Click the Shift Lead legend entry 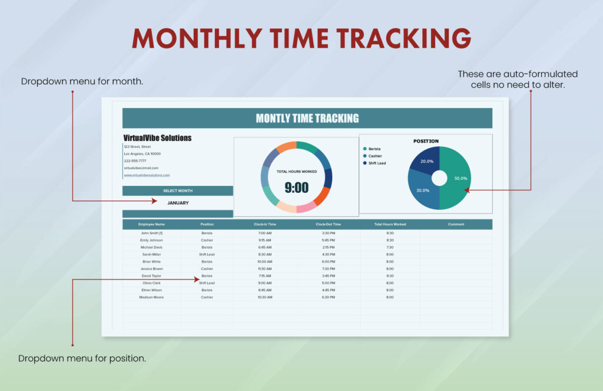[x=377, y=163]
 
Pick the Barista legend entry [x=374, y=149]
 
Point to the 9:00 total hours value [x=297, y=188]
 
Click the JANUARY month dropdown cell [x=178, y=202]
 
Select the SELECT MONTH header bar [x=178, y=190]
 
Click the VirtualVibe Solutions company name [x=157, y=138]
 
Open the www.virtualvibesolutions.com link [x=147, y=175]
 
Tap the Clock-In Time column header [x=265, y=224]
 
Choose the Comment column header [x=456, y=224]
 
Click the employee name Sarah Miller [x=151, y=254]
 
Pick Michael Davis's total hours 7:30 [x=390, y=247]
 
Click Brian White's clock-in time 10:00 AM [x=265, y=261]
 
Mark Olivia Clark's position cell [x=207, y=283]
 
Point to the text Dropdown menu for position [x=82, y=358]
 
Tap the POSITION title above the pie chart [x=426, y=141]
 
